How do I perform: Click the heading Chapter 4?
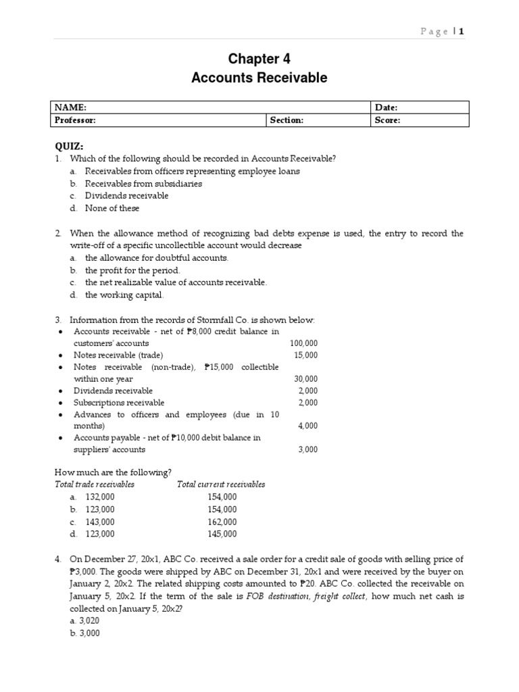(x=259, y=59)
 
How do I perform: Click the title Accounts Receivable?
(x=259, y=78)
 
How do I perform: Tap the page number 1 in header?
(x=462, y=31)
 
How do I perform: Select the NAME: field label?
(x=71, y=107)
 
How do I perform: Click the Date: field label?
(x=386, y=107)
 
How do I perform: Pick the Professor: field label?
(x=76, y=120)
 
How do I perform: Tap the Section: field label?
(x=287, y=120)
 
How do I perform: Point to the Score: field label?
(x=387, y=120)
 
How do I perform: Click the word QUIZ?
(x=69, y=147)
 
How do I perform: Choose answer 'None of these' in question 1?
(x=112, y=208)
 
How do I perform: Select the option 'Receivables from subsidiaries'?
(x=143, y=183)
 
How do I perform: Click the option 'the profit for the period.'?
(x=132, y=270)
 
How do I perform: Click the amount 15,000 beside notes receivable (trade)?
(x=305, y=355)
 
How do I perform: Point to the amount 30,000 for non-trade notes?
(x=305, y=379)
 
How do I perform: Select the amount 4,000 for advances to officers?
(x=307, y=426)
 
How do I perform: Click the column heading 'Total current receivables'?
(x=221, y=484)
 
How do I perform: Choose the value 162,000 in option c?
(x=222, y=522)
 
